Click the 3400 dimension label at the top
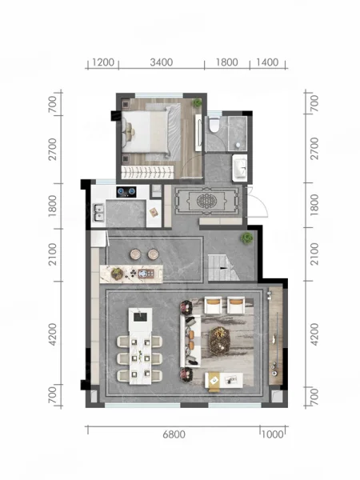coord(162,62)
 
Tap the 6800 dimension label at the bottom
coord(174,434)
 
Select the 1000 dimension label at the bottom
coord(273,434)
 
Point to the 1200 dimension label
coord(103,62)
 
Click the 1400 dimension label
coord(267,62)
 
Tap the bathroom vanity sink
coord(240,168)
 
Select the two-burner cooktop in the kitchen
coord(126,192)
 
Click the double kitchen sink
coord(99,213)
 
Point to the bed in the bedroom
coord(146,132)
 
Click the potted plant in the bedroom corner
coord(197,103)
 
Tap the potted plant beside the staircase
coord(246,238)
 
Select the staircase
coord(223,267)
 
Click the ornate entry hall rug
coord(206,201)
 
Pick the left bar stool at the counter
coord(135,254)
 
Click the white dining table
coord(141,346)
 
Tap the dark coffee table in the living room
coord(219,339)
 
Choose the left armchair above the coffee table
coord(213,305)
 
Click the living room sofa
coord(190,341)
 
